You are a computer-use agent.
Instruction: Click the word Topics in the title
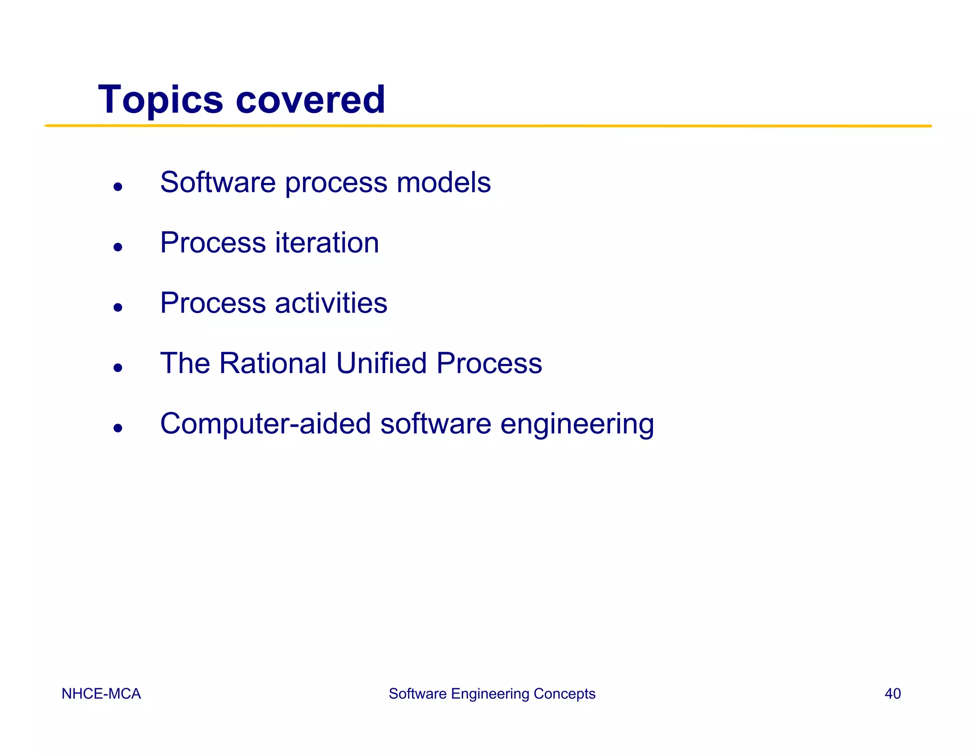coord(160,100)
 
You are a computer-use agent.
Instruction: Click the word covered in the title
coord(310,99)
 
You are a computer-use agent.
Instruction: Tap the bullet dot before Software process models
coord(118,187)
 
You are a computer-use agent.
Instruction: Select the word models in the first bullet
coord(443,183)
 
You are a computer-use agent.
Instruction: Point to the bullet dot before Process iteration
coord(118,247)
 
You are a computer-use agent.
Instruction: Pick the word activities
coord(331,303)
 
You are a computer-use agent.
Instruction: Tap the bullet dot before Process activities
coord(118,307)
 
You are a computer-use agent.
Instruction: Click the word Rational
coord(273,363)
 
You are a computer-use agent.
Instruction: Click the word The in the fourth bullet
coord(185,363)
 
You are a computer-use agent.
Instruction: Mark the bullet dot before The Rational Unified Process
coord(118,367)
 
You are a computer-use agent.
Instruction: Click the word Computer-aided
coord(265,424)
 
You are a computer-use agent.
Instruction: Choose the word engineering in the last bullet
coord(577,425)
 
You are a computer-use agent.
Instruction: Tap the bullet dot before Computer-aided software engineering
coord(118,428)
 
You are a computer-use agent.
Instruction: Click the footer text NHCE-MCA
coord(101,693)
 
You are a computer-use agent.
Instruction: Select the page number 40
coord(892,693)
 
